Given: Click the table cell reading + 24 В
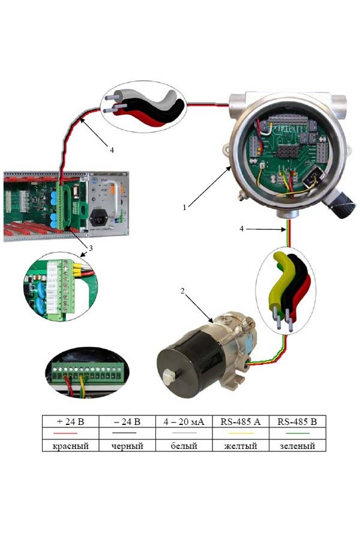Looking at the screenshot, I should (x=70, y=422).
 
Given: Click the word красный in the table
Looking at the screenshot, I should (x=70, y=446).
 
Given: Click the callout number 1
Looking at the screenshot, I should (x=186, y=207).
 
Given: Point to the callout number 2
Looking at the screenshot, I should (x=183, y=291).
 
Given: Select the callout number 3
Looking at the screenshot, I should (x=90, y=247).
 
